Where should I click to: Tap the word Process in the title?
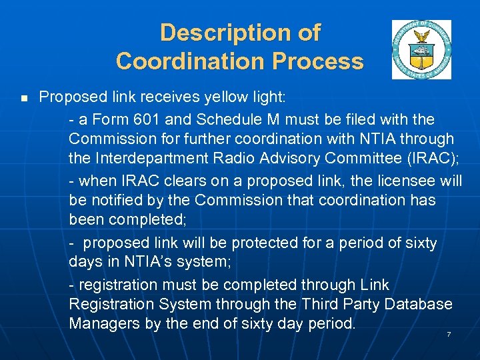[x=321, y=61]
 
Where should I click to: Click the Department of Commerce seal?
[x=421, y=49]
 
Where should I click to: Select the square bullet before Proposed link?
[x=23, y=99]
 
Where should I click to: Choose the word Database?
[x=419, y=305]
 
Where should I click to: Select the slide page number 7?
[x=449, y=334]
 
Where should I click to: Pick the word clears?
[x=181, y=181]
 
